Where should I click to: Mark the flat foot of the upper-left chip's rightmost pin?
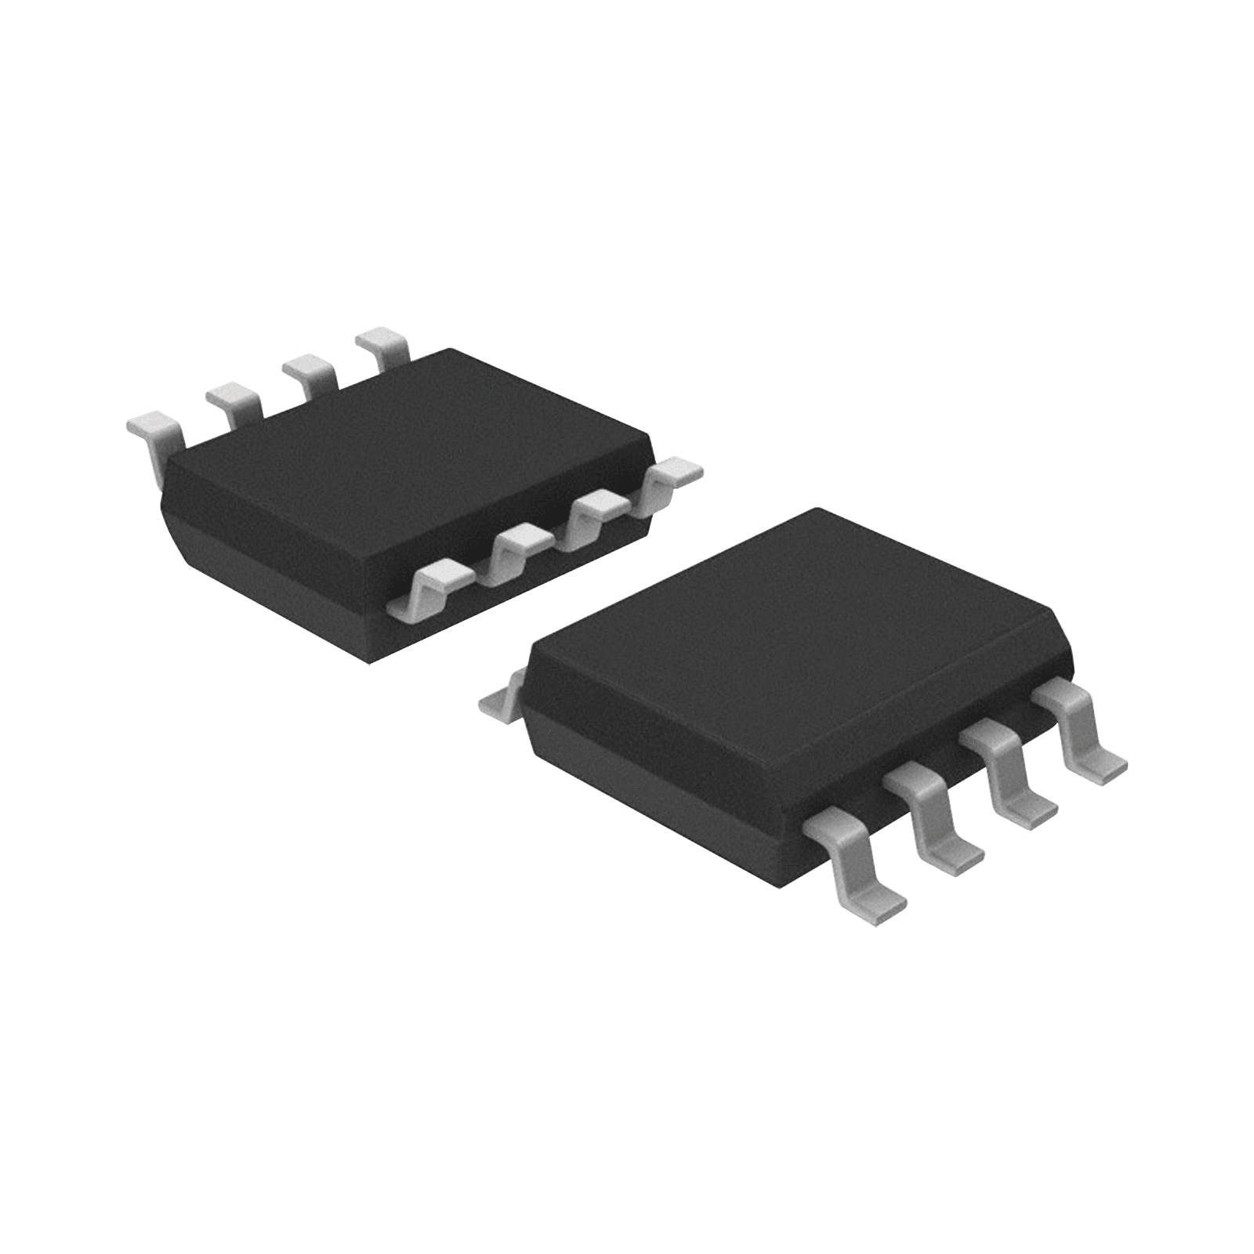pyautogui.click(x=678, y=470)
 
